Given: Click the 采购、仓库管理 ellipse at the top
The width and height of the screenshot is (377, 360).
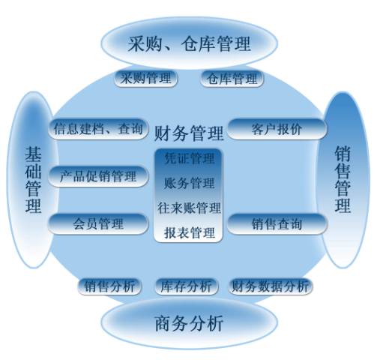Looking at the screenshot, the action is tap(190, 43).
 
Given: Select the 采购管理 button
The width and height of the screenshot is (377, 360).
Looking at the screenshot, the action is tap(146, 79).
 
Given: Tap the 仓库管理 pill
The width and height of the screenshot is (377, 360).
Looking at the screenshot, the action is tap(232, 79).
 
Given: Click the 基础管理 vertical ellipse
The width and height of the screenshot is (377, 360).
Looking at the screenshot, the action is tap(32, 180).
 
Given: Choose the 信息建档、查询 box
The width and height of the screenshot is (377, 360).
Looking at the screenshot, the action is tap(98, 129).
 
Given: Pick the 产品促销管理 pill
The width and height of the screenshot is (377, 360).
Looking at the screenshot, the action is tap(98, 176).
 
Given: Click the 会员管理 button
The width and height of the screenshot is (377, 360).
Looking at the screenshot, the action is tap(98, 223).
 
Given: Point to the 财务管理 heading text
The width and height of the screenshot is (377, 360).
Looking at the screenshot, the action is tap(189, 133).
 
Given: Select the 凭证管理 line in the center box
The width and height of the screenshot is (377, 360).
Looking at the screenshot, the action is tap(189, 158).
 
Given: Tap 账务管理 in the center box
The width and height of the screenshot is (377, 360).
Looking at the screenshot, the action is tap(189, 183).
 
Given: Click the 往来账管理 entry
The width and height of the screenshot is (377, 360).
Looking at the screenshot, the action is tap(189, 208).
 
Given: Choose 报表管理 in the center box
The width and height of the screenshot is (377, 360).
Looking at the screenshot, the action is tap(189, 232).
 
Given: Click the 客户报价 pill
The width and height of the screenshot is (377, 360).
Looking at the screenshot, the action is tap(277, 129).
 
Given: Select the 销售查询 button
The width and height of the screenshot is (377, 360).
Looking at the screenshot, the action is tap(277, 223).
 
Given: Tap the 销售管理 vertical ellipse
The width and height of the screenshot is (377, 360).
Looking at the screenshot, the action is tap(343, 180).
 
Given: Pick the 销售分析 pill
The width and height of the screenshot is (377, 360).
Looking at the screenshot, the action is tap(109, 286).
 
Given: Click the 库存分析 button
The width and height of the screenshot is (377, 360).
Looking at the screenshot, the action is tap(186, 286).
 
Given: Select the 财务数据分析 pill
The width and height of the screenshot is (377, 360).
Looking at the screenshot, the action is tap(270, 286).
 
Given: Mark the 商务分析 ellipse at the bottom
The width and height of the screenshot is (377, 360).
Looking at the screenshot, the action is tap(190, 323).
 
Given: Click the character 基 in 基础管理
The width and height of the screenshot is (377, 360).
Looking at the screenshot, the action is tap(33, 154).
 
